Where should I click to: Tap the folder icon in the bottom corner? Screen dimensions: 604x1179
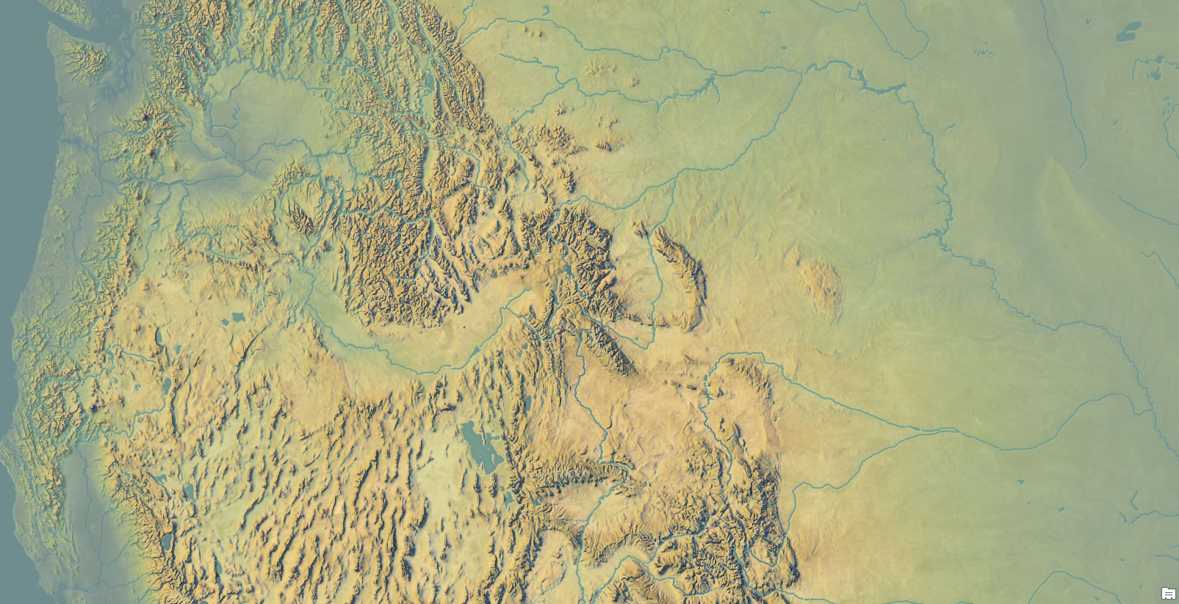click(x=1168, y=593)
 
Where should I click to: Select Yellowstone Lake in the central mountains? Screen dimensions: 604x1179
click(x=566, y=273)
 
